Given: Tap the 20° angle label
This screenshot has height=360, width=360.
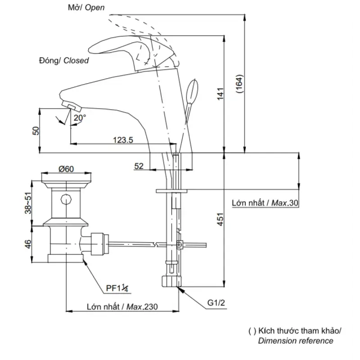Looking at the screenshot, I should click(80, 118).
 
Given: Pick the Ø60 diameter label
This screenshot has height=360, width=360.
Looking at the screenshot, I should click(66, 169).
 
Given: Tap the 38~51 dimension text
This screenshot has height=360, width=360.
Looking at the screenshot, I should click(28, 203).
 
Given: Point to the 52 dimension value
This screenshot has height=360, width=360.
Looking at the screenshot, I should click(139, 166).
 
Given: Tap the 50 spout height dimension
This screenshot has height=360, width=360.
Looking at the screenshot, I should click(36, 130).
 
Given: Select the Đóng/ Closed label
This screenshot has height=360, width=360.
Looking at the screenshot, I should click(64, 60).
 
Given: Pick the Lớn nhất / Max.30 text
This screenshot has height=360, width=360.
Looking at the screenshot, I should click(265, 203).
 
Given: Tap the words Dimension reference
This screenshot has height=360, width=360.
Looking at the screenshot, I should click(296, 341).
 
